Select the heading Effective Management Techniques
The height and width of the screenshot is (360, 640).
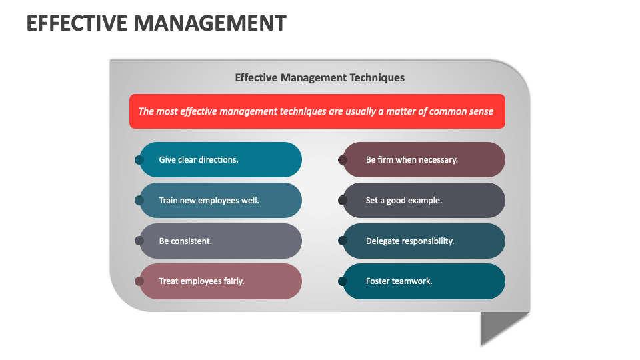point(319,77)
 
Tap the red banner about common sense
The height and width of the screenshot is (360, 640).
point(317,111)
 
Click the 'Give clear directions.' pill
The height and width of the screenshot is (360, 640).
point(221,160)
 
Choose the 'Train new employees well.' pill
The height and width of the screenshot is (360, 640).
point(221,200)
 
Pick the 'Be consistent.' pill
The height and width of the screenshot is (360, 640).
point(221,241)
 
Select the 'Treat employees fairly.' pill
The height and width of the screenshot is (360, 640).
point(221,281)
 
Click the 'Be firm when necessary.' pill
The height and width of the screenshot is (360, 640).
point(424,160)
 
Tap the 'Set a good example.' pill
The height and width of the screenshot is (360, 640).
point(424,200)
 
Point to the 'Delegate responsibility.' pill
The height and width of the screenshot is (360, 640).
point(424,241)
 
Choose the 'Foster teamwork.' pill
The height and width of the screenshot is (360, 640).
point(424,281)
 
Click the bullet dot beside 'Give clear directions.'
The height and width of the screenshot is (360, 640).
point(139,160)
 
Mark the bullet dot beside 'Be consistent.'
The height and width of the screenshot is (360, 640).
point(139,241)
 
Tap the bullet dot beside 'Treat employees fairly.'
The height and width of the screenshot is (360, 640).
point(139,281)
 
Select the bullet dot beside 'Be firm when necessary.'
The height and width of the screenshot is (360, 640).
point(343,160)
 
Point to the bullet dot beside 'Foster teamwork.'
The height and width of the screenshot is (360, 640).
point(343,281)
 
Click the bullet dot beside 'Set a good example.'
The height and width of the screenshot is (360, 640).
point(343,200)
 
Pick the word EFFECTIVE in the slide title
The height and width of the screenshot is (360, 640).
point(77,23)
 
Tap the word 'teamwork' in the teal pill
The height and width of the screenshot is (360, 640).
point(413,281)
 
